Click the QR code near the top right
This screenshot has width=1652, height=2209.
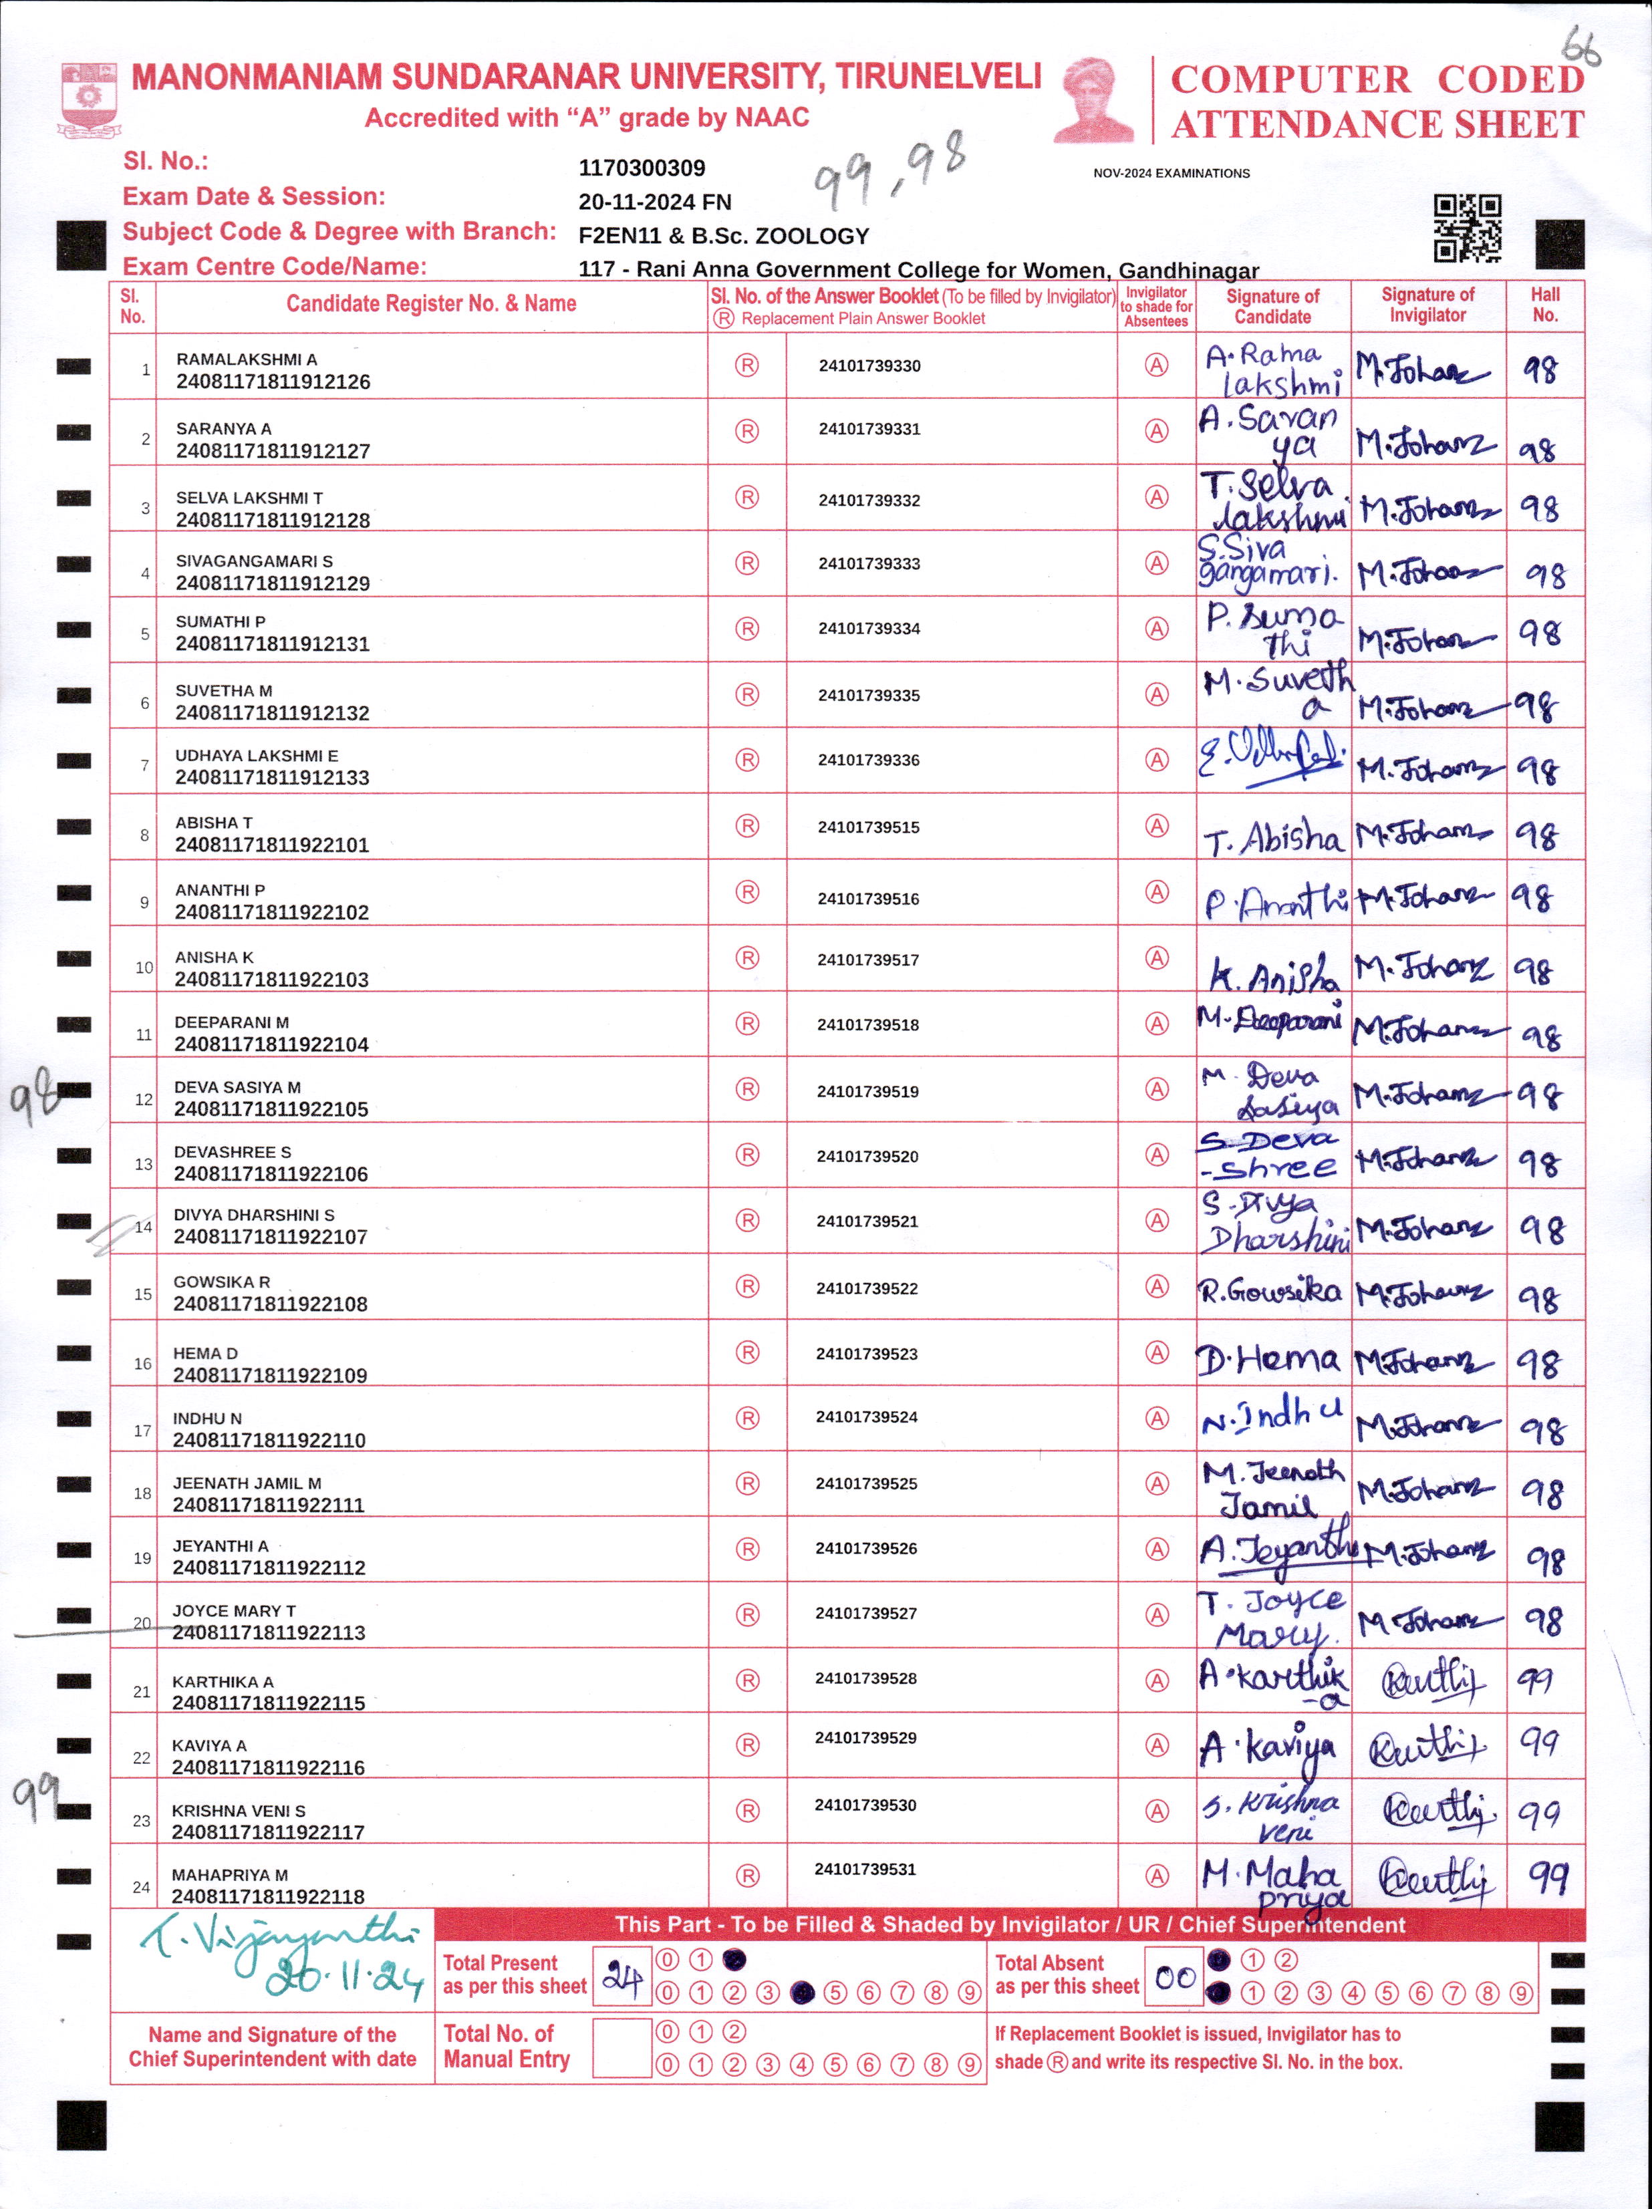tap(1468, 228)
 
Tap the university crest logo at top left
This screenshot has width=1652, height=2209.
tap(90, 99)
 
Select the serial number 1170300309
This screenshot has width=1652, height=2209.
tap(642, 168)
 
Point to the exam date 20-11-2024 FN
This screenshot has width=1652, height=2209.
tap(654, 202)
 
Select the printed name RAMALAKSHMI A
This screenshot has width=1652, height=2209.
tap(247, 359)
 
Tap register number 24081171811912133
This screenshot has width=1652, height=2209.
tap(272, 778)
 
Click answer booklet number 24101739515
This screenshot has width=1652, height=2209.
tap(868, 827)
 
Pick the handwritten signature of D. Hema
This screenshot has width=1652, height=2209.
tap(1268, 1359)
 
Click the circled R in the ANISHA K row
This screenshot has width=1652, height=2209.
tap(747, 958)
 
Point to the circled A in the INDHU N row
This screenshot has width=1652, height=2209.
tap(1157, 1418)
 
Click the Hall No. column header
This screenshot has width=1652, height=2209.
tap(1544, 305)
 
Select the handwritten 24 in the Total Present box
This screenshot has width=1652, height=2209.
tap(622, 1977)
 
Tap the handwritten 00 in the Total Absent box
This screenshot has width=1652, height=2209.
tap(1175, 1977)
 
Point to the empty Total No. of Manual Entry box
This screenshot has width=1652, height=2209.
tap(622, 2048)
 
